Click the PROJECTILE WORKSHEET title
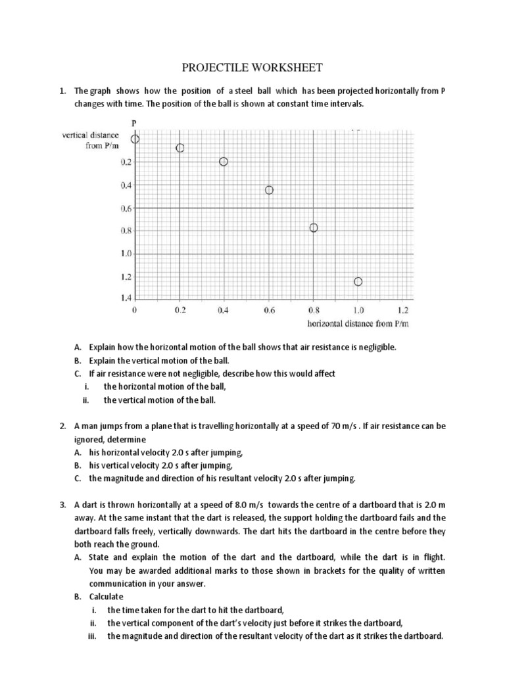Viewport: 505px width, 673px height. point(252,68)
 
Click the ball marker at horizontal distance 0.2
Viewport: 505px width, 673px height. point(180,148)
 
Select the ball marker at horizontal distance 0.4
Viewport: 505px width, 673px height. point(224,162)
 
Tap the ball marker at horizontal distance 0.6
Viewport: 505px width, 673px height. point(269,190)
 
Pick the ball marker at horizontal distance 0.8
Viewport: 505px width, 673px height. point(314,228)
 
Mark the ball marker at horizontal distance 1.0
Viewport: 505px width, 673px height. point(358,282)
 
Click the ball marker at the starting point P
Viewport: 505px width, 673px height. point(135,139)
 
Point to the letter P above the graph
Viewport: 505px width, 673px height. point(135,122)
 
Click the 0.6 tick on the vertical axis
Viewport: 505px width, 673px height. point(126,208)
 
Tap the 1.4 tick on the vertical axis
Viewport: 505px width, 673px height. point(126,298)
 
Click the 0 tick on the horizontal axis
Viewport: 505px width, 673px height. point(135,310)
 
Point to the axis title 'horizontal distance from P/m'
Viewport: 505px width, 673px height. point(358,323)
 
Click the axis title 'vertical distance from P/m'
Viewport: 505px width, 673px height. point(91,140)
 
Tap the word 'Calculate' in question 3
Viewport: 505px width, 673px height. point(106,597)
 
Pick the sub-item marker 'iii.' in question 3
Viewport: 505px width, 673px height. point(93,636)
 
